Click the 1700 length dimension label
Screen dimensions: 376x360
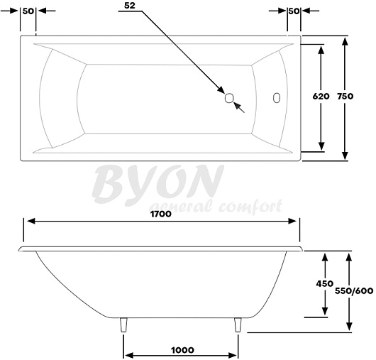(161, 214)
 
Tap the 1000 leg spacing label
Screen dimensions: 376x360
(182, 350)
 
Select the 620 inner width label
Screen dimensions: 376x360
(321, 97)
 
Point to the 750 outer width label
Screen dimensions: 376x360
(345, 97)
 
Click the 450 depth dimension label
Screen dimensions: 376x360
(325, 284)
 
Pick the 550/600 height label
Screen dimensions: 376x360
(354, 291)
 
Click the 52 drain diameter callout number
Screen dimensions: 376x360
(130, 6)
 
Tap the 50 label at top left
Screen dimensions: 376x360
(28, 11)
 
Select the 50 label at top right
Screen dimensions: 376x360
(294, 11)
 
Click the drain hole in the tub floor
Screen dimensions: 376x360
(229, 98)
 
